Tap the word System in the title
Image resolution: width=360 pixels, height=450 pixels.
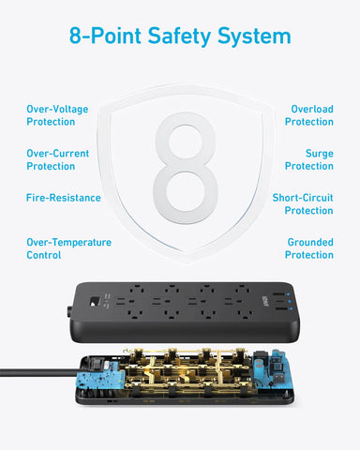pos(254,37)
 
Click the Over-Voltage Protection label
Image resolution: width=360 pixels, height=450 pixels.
pos(57,115)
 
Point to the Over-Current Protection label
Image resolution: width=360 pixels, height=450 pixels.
pos(56,159)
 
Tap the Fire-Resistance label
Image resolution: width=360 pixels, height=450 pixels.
pos(63,198)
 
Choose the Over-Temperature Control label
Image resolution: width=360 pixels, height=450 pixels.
pos(68,248)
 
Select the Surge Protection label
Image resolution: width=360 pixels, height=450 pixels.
pos(309,159)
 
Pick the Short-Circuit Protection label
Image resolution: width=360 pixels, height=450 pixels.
pos(302,204)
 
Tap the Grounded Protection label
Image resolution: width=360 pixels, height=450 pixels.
pos(309,248)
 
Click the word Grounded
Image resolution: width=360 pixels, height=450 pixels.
pos(309,242)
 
